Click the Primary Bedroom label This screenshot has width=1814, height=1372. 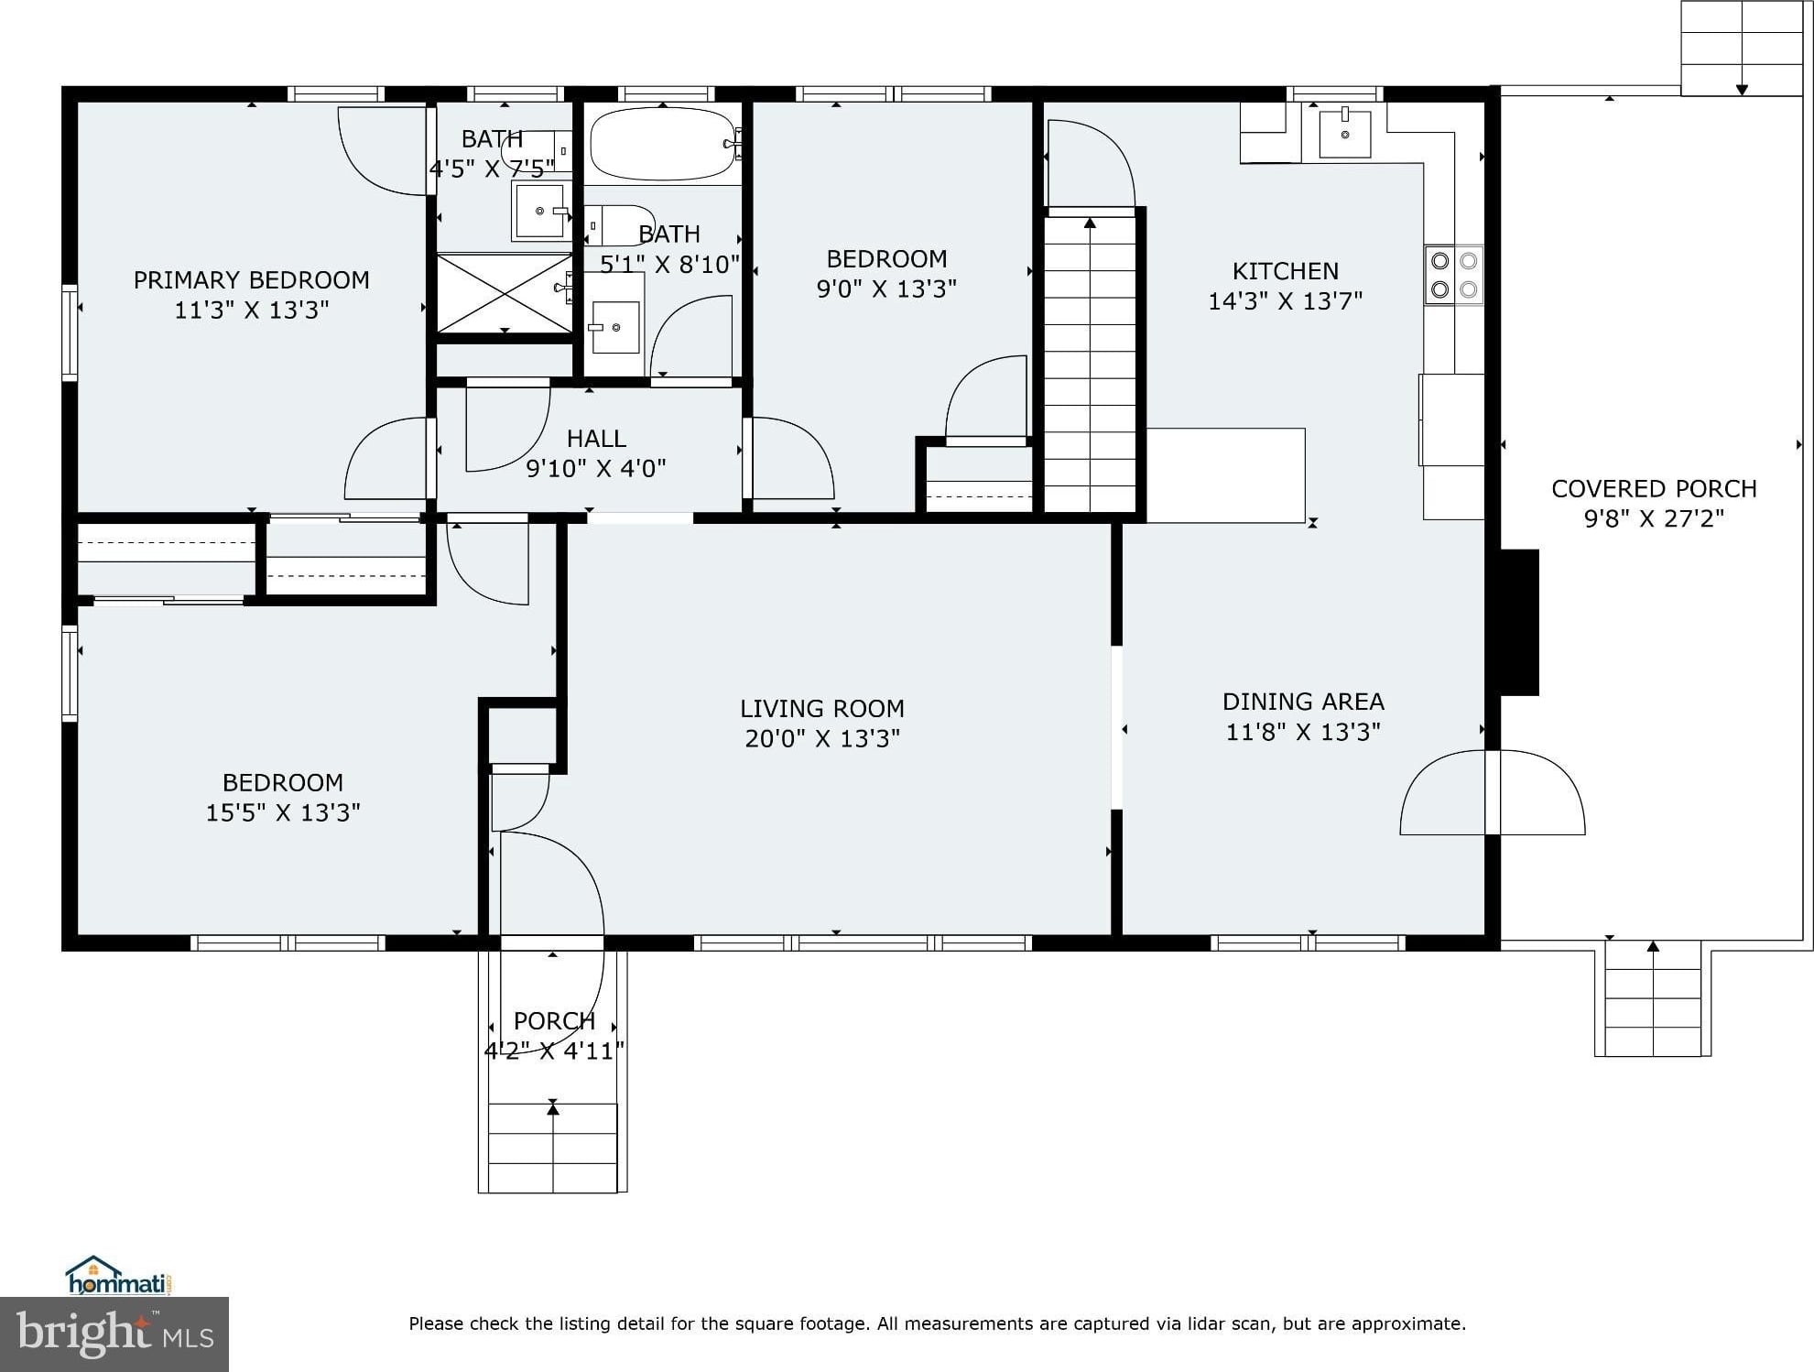(252, 279)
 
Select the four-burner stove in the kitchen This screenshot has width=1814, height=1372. (1454, 275)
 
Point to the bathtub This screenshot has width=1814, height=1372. (663, 144)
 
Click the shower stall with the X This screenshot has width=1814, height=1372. (505, 293)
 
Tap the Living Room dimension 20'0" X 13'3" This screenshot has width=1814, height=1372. (822, 738)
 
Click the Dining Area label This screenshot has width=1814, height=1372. (1303, 702)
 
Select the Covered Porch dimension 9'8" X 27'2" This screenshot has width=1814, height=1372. (1654, 518)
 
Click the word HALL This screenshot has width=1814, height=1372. (596, 438)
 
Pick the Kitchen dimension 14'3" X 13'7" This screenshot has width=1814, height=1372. (1286, 300)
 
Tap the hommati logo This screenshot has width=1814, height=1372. (120, 1275)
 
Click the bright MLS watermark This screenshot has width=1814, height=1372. (114, 1334)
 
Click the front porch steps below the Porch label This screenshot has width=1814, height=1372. (552, 1147)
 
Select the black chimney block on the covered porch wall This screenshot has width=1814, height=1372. (1519, 622)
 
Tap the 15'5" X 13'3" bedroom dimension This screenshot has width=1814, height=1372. (283, 812)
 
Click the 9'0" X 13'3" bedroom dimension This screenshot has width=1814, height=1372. (886, 289)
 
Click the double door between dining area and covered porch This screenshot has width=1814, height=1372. (1493, 792)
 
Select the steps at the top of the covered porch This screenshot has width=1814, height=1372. (1742, 48)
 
